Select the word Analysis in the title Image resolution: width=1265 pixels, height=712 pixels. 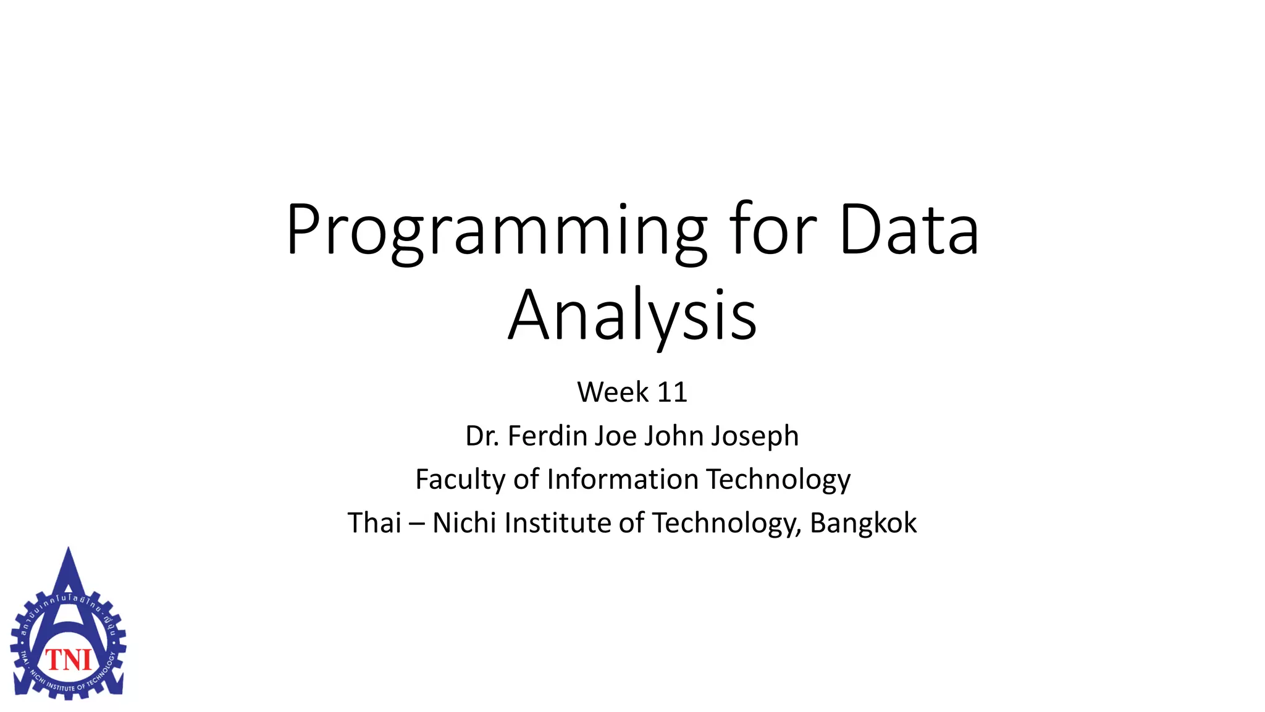tap(632, 315)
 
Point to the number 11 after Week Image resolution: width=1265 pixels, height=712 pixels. tap(672, 392)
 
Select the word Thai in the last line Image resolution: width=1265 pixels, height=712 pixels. tap(374, 523)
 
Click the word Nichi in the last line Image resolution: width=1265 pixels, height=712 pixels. tap(464, 523)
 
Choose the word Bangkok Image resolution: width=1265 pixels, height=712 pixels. tap(863, 523)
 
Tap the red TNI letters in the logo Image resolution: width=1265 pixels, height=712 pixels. tap(69, 660)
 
